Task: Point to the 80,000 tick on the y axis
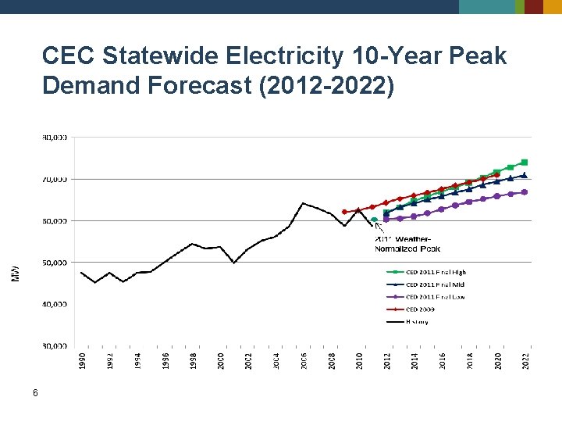54,137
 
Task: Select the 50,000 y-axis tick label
54,263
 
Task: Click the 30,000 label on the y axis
54,345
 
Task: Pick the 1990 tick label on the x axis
82,360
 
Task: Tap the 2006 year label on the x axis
304,360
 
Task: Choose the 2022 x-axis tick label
525,360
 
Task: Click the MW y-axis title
16,273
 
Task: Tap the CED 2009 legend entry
420,309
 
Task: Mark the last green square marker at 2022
525,163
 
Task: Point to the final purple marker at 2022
525,191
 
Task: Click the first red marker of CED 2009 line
344,212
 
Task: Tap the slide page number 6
35,394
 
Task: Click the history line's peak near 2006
303,203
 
